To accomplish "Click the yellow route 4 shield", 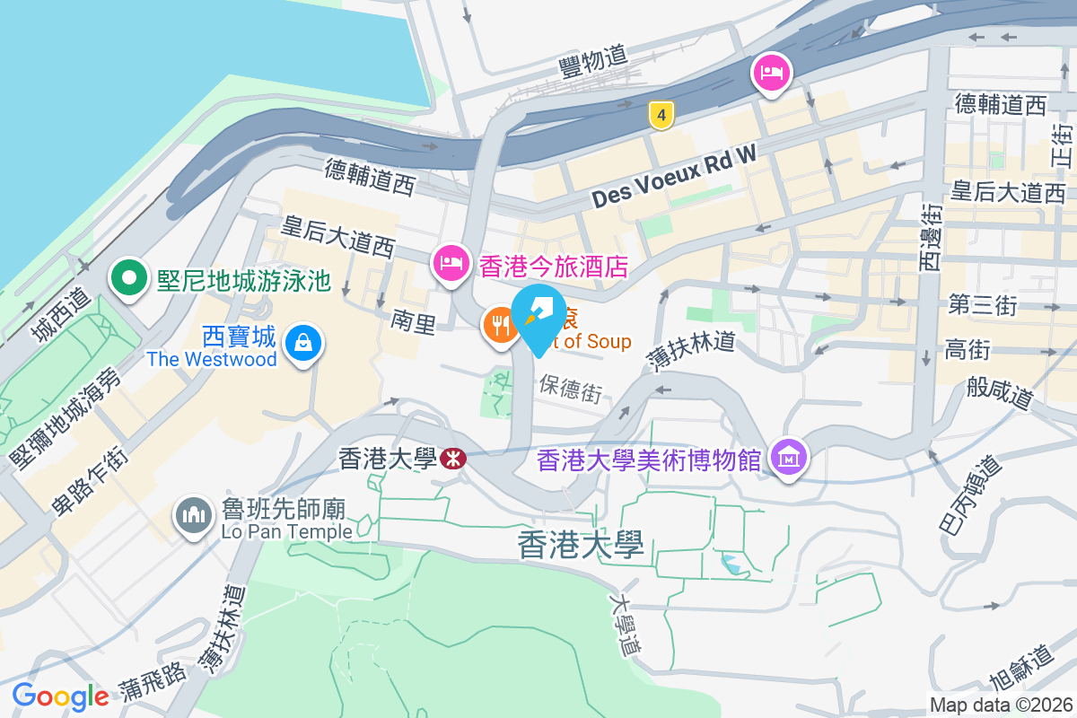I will click(661, 114).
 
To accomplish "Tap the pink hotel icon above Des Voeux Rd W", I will click(772, 72).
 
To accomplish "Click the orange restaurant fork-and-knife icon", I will click(498, 323).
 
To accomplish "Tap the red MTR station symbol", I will click(453, 459).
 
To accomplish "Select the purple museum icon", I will click(789, 458).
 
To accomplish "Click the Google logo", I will click(60, 696).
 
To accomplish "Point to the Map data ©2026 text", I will click(1001, 705).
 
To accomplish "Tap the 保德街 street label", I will click(571, 388).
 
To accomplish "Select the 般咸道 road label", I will click(1000, 392).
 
